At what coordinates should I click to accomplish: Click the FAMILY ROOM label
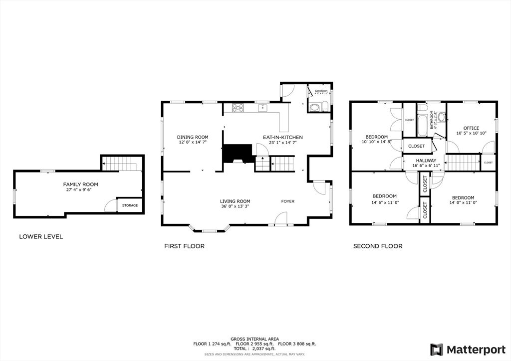tap(77, 184)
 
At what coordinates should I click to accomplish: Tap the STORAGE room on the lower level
tap(130, 205)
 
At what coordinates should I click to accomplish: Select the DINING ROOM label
tap(193, 137)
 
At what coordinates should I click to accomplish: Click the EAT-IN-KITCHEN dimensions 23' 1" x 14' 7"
tap(282, 142)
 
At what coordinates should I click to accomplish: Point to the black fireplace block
tap(237, 154)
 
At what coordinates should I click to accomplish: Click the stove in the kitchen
tap(238, 107)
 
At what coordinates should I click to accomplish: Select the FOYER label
tap(288, 201)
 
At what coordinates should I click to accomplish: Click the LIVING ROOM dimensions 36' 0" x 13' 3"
tap(235, 206)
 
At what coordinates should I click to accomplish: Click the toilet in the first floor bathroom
tap(325, 106)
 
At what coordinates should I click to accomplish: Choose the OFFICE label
tap(471, 128)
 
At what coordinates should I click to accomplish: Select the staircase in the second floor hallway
tap(462, 162)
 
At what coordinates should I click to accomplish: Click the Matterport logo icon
tap(437, 349)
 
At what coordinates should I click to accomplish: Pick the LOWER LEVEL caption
tap(41, 236)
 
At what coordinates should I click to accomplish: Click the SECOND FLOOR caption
tap(378, 246)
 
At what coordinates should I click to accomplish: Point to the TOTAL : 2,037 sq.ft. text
tap(255, 349)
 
